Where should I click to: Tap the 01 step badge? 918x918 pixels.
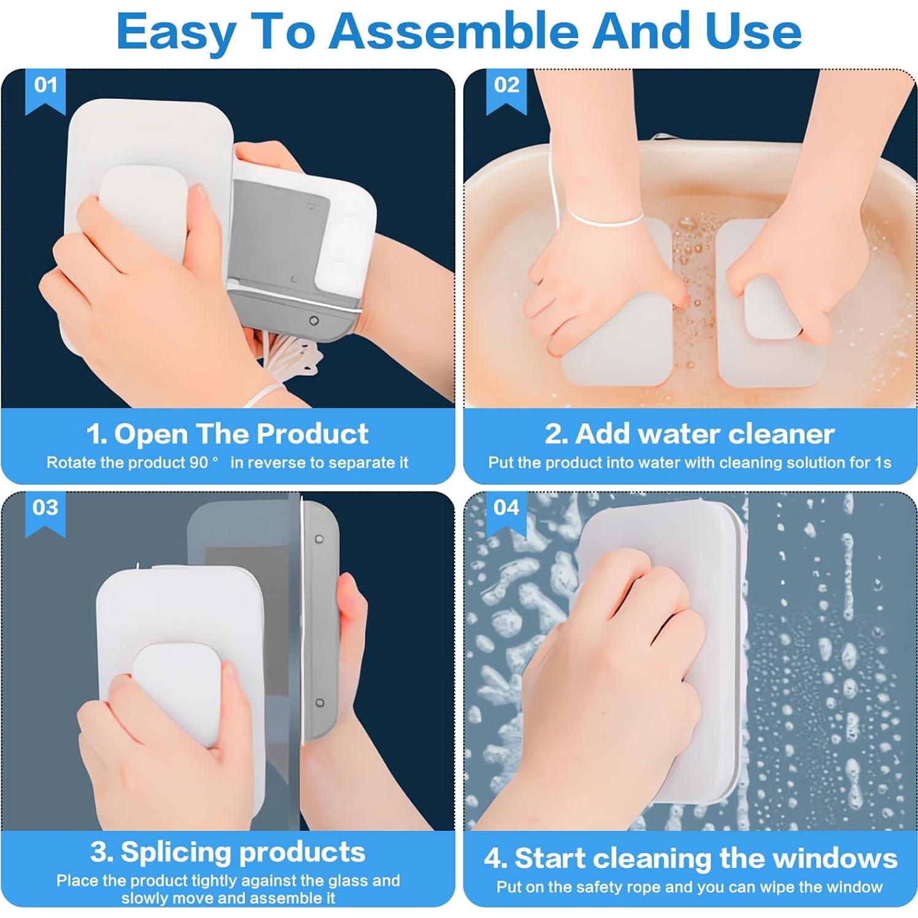coord(45,91)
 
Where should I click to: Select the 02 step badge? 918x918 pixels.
coord(506,91)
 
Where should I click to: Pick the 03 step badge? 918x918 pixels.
coord(45,514)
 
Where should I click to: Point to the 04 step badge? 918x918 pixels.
coord(506,514)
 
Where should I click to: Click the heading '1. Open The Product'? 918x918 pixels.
coord(228,434)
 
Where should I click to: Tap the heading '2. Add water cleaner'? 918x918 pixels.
coord(690,434)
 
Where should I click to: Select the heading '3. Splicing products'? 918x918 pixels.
coord(228,852)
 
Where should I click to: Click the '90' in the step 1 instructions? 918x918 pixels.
coord(199,463)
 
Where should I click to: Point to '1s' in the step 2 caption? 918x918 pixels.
coord(882,463)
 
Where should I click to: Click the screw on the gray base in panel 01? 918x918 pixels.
coord(314,320)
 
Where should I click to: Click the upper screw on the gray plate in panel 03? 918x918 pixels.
coord(319,539)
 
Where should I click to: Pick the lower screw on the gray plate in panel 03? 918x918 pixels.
coord(319,703)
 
